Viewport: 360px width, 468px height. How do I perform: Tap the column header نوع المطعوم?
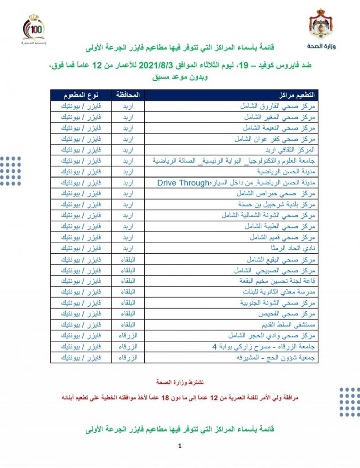(81, 95)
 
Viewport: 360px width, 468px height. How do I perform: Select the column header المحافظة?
(128, 95)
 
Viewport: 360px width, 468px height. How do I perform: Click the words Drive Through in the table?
(182, 183)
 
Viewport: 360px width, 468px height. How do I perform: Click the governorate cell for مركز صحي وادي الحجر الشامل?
(128, 336)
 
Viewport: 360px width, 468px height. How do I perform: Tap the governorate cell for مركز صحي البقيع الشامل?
(128, 260)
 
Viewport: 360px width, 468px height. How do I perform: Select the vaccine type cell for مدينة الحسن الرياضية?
(81, 172)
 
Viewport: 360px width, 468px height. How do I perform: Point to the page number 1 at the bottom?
(180, 446)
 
